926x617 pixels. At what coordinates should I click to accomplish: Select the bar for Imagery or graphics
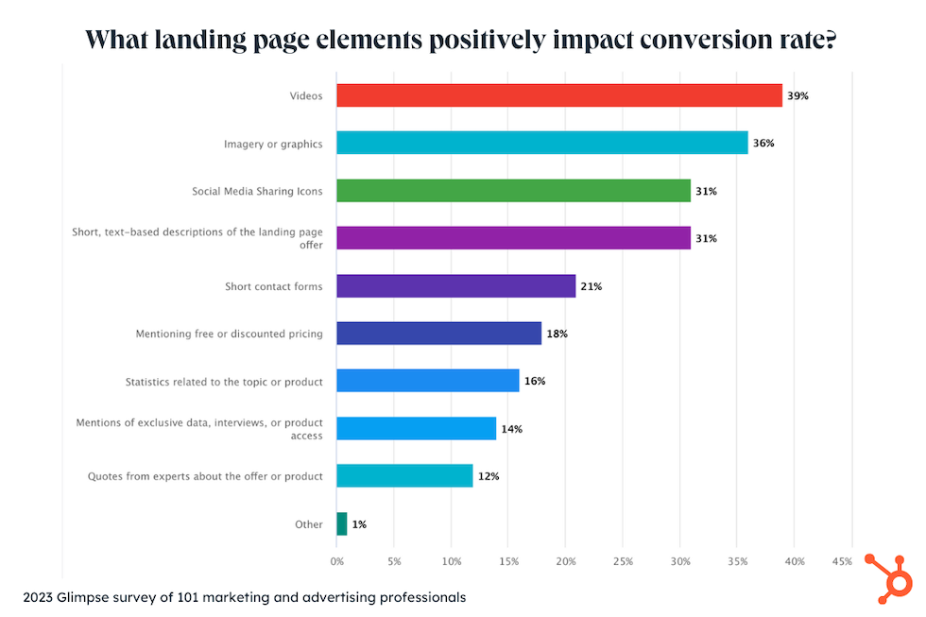542,144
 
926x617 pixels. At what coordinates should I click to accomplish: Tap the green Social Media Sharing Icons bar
513,191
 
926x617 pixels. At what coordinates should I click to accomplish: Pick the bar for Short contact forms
455,286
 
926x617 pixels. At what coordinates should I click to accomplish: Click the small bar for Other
342,523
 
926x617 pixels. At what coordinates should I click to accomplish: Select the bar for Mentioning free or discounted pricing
438,334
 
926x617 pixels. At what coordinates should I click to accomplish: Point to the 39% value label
798,96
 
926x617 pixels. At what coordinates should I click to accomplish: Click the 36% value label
763,144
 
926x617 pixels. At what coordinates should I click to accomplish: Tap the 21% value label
592,286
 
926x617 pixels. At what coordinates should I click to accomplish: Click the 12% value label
489,476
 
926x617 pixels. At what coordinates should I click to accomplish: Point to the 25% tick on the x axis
623,561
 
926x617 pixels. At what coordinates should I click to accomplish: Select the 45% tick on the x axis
841,561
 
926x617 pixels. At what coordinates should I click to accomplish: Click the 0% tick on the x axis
337,561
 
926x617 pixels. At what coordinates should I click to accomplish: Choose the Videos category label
306,96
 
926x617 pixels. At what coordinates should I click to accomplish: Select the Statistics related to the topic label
224,382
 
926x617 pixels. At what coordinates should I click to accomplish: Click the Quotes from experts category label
205,476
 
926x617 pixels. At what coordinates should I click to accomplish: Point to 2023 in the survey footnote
37,597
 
